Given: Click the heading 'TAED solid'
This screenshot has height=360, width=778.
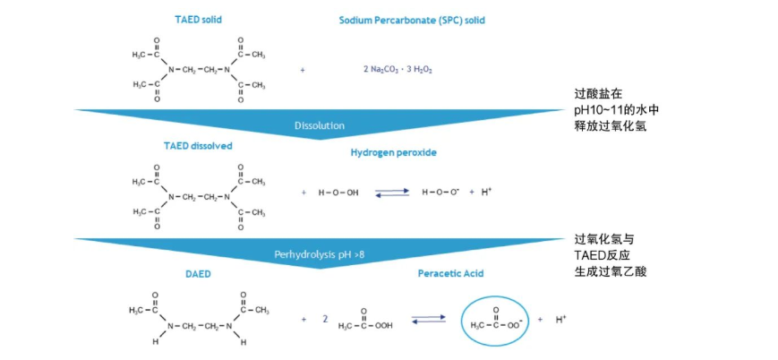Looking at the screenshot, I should (198, 18).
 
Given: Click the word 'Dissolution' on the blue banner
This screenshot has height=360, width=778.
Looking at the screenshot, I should (320, 125).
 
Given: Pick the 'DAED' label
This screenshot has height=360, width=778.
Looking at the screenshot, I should (198, 274).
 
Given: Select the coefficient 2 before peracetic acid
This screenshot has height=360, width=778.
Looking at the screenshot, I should (325, 318).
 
